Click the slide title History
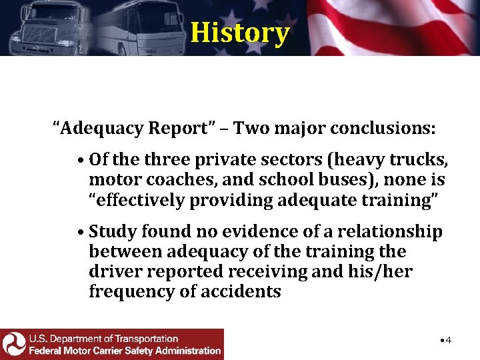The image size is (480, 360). coord(240,32)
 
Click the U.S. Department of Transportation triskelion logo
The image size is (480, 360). coord(13,344)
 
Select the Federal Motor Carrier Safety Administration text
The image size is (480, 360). coord(125,350)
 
